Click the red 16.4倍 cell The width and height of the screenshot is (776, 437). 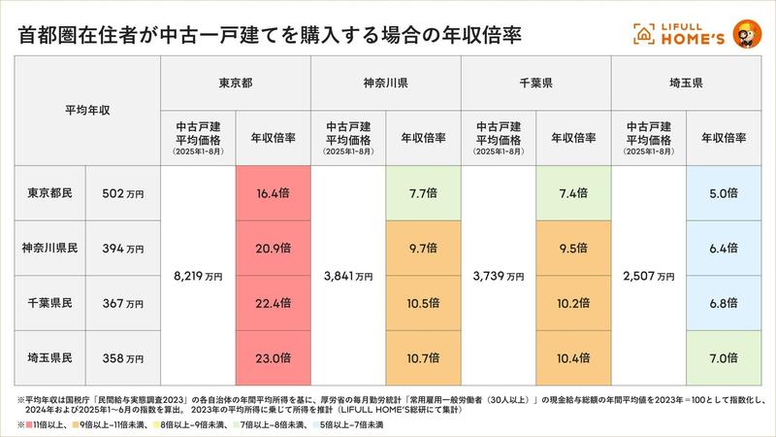click(x=273, y=193)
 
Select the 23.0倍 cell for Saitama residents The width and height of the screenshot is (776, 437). click(x=273, y=358)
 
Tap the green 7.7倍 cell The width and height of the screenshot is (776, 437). click(x=423, y=193)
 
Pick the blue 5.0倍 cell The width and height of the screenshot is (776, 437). click(x=724, y=193)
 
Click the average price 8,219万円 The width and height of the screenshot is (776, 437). click(x=198, y=276)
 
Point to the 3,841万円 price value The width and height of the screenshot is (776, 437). click(x=348, y=276)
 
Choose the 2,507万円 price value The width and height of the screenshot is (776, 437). click(x=649, y=276)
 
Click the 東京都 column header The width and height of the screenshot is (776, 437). click(x=236, y=84)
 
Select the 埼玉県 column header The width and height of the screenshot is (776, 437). click(x=687, y=84)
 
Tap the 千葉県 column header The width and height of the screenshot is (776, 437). click(x=536, y=84)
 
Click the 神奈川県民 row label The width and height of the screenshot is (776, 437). click(x=50, y=249)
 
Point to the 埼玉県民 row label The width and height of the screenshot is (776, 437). click(x=50, y=358)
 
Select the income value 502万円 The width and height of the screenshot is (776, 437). click(x=123, y=193)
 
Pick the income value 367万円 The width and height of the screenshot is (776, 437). click(x=123, y=304)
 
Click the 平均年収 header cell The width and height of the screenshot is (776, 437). click(x=87, y=111)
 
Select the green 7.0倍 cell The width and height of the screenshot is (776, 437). click(x=724, y=358)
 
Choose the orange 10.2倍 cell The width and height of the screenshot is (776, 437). click(x=573, y=304)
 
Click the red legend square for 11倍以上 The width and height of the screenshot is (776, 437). click(x=23, y=424)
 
